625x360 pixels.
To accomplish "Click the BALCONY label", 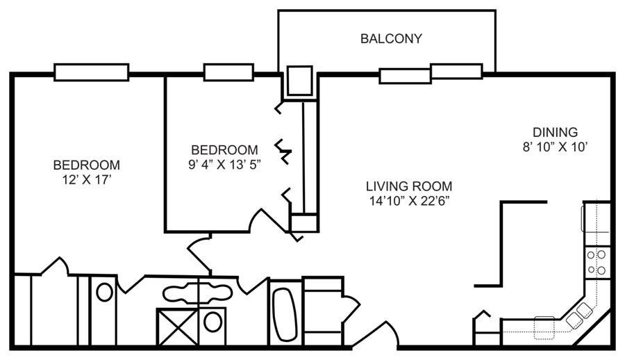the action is [391, 39].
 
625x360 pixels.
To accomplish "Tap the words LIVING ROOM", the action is [409, 186].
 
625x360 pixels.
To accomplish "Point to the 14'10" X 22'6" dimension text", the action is [409, 201].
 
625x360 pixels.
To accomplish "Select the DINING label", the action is [556, 132].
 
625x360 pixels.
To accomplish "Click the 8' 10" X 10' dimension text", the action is [556, 147].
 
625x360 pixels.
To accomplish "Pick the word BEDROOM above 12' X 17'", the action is [87, 165].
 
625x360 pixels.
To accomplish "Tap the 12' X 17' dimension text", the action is [86, 179].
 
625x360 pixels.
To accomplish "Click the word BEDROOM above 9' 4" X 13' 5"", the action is [225, 149].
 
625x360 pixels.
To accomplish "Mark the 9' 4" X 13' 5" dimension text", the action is [225, 165].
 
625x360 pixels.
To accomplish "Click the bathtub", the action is [285, 315].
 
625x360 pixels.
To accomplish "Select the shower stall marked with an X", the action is [177, 327].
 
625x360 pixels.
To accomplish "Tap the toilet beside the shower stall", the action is [212, 322].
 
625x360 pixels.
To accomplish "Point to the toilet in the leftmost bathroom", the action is [104, 292].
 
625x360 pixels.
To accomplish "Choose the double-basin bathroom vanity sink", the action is [197, 293].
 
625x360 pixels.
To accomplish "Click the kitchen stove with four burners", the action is [597, 262].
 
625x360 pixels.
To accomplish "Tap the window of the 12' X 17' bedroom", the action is [91, 73].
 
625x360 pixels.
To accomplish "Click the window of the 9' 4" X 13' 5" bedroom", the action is [228, 72].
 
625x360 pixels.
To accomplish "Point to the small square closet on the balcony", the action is [300, 81].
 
